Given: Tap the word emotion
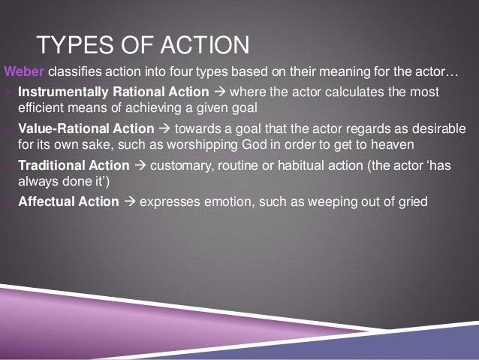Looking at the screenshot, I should pos(229,201).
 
